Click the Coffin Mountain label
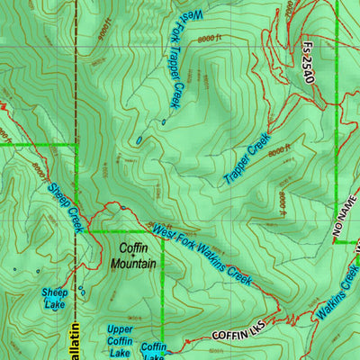click(133, 256)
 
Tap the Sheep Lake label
click(54, 298)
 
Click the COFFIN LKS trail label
click(236, 334)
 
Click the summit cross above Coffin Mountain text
click(133, 236)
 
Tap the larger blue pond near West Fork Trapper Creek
click(139, 140)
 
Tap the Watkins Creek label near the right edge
click(338, 289)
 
